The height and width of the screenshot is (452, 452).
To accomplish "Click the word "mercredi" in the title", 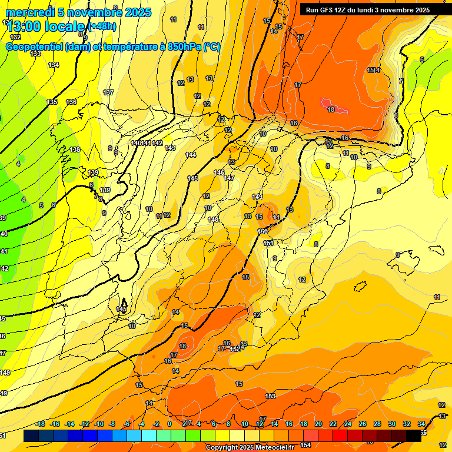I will (x=29, y=12).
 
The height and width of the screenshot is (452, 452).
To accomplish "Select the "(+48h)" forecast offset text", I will (x=102, y=26).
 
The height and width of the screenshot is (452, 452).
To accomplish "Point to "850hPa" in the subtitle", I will (x=181, y=47).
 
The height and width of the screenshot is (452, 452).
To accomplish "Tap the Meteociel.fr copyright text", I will (x=249, y=448).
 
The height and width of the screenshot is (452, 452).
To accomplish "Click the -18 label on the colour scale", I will (x=41, y=424).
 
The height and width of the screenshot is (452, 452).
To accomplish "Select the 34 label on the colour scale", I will (x=421, y=424).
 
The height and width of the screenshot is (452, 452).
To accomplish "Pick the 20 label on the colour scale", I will (x=318, y=424).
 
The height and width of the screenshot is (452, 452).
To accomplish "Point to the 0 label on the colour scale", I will (x=169, y=424).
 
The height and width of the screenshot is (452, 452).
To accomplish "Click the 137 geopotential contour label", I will (x=108, y=93).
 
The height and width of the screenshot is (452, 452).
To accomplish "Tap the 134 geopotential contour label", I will (x=54, y=65).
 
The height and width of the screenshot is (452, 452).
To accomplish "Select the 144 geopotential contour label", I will (x=191, y=155).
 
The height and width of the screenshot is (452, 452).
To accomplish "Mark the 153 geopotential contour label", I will (x=270, y=396).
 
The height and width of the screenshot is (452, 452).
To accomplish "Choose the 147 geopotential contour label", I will (x=229, y=178).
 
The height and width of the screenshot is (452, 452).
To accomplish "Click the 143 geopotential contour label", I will (x=171, y=148).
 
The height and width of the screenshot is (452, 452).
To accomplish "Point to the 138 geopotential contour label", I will (x=75, y=149).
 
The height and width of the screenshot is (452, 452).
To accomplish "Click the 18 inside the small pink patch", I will (x=331, y=109).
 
